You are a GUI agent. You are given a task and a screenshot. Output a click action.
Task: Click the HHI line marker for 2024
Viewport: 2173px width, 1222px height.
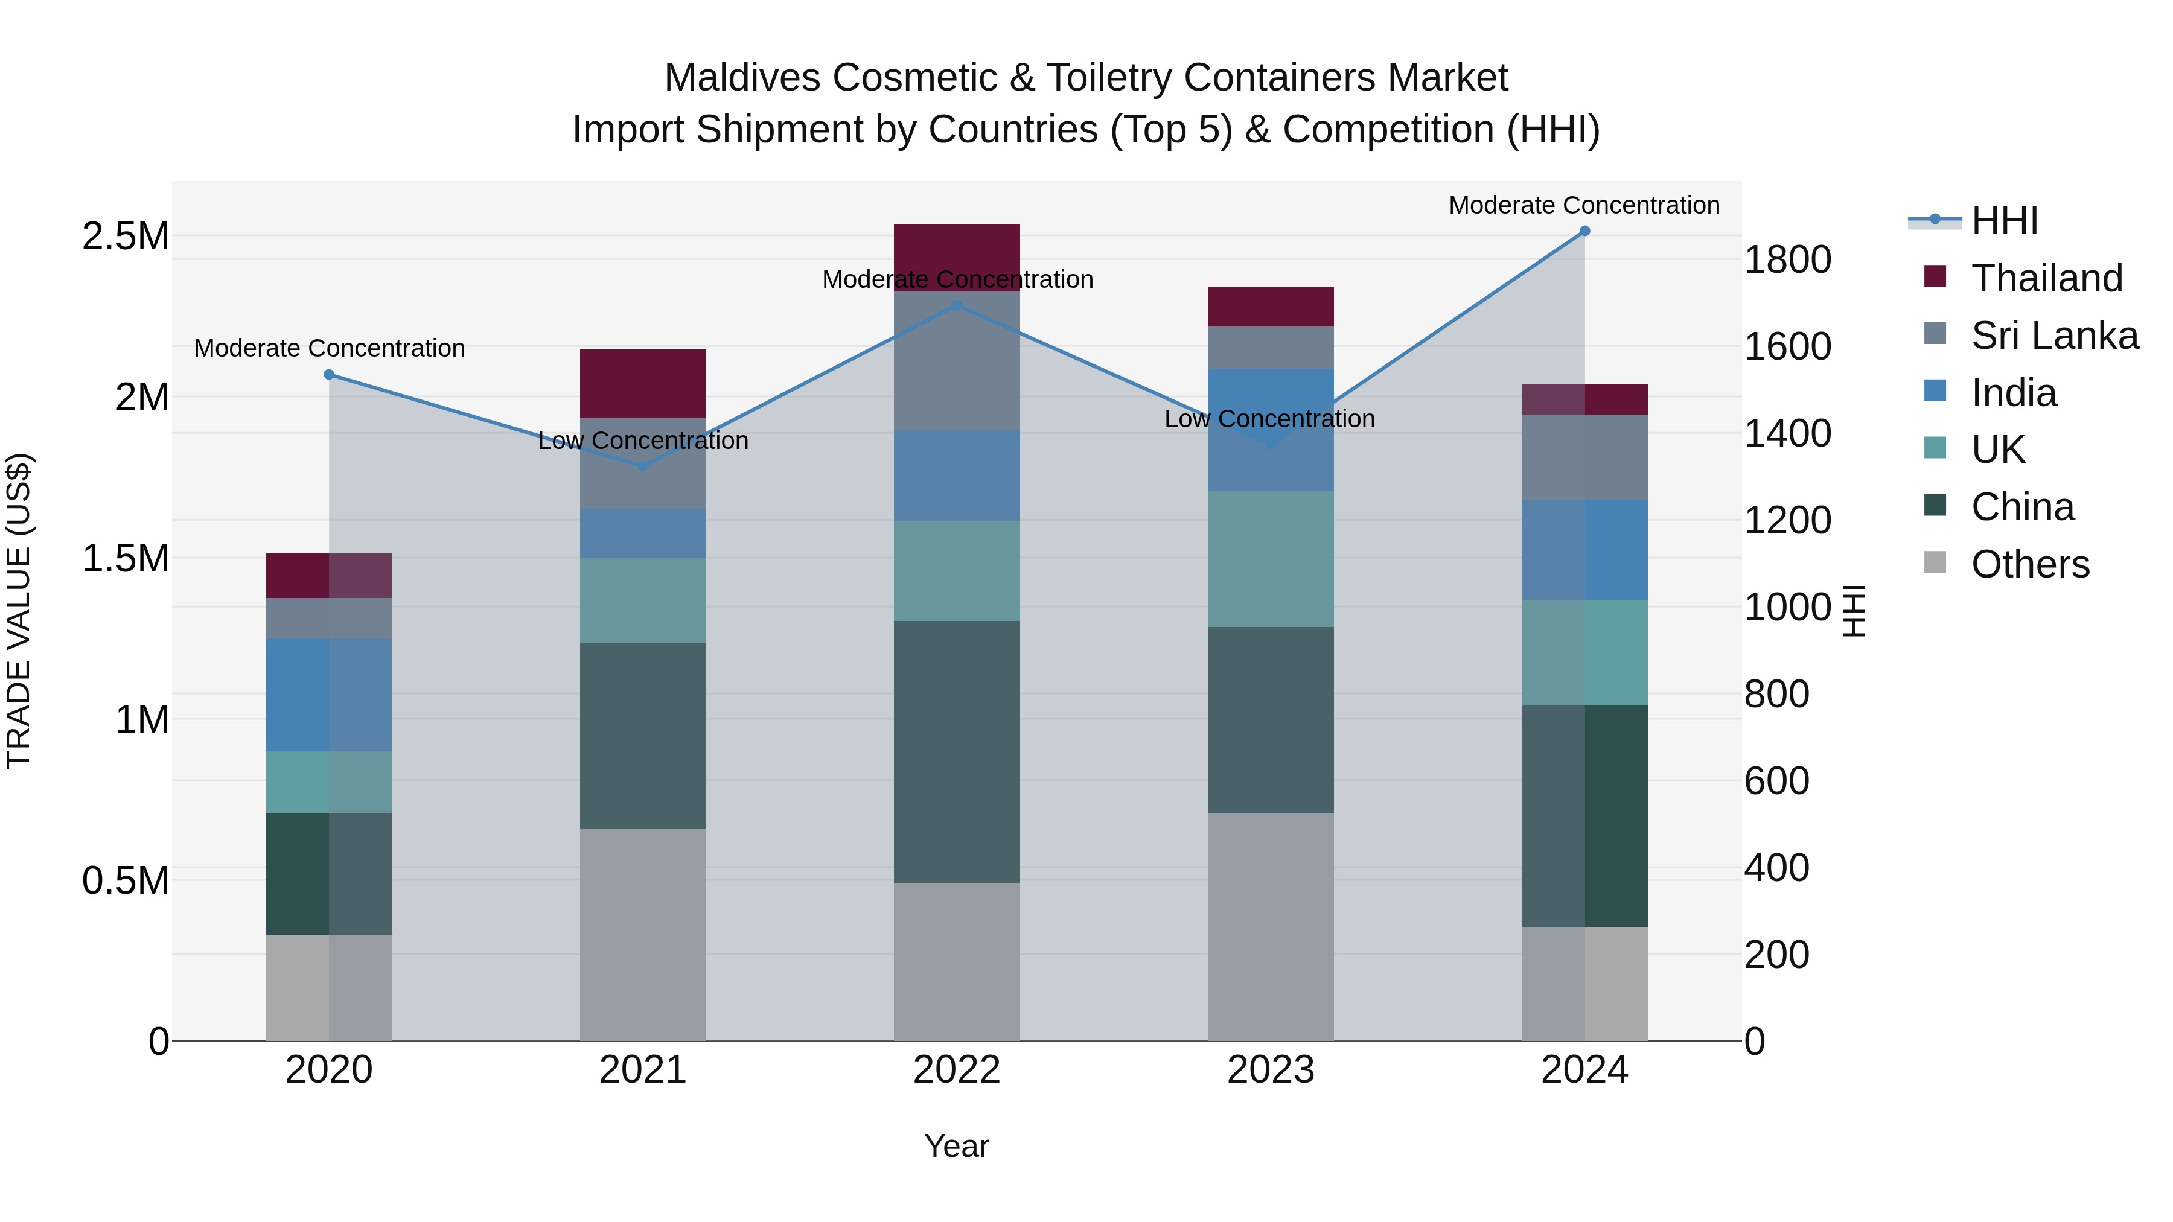[1584, 231]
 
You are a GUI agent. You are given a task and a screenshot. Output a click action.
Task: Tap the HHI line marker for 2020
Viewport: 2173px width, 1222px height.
[329, 374]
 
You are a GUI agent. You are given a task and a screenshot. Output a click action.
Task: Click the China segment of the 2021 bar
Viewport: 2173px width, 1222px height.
[643, 736]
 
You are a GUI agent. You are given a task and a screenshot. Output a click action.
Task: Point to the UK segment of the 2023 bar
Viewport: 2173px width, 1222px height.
[1271, 558]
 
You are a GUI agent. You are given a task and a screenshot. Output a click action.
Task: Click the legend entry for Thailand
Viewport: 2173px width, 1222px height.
[2046, 278]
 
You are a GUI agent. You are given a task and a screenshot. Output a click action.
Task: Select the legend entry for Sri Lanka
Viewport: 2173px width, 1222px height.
[2053, 336]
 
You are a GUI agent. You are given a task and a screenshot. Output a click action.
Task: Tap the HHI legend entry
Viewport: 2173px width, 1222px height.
[2003, 221]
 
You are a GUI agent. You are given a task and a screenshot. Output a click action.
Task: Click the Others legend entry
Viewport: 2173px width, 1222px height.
[2029, 564]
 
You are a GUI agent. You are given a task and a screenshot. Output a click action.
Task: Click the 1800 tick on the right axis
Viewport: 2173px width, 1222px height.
[1787, 259]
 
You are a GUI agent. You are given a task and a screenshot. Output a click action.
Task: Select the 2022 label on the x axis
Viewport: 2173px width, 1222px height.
[957, 1070]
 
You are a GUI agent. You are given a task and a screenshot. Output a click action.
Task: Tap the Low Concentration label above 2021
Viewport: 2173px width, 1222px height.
[643, 441]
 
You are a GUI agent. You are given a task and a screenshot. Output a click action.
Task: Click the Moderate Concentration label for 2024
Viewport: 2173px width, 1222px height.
[1583, 205]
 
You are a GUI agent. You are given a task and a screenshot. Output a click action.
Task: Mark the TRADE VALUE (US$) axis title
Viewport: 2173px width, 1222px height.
[19, 611]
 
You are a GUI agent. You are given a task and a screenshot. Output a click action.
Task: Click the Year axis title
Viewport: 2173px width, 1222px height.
[957, 1146]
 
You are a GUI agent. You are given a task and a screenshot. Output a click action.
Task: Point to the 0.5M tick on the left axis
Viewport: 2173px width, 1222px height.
[125, 880]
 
